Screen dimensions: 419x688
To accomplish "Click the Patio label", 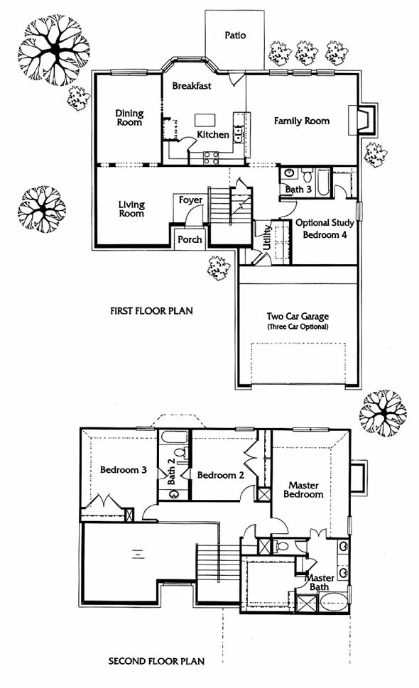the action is click(235, 35).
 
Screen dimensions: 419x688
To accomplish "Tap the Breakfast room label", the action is click(192, 86).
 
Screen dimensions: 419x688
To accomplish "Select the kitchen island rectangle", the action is click(205, 120).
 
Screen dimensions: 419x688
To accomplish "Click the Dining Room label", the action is click(129, 118).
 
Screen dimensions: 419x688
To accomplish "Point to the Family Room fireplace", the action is click(363, 119).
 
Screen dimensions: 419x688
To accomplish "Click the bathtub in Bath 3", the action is click(322, 181).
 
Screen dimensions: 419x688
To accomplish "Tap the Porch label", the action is click(190, 239).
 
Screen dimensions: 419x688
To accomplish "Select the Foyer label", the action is click(190, 200).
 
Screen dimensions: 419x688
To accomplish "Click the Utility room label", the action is click(266, 237).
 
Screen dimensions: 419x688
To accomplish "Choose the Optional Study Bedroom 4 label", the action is click(325, 229).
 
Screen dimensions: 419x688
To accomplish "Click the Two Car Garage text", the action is click(298, 317).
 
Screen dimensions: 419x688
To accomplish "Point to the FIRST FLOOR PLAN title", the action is click(151, 311).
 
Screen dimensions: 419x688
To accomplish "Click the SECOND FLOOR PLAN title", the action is click(156, 661).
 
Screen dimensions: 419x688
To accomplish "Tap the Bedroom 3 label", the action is click(124, 470).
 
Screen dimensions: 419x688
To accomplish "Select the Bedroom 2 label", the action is click(221, 475).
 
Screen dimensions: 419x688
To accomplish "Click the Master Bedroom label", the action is click(303, 490).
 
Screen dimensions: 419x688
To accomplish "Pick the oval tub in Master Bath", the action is click(333, 601).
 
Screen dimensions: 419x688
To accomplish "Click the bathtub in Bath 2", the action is click(174, 437).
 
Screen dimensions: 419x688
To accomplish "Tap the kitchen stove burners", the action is click(211, 158).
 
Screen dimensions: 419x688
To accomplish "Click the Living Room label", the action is click(131, 209).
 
